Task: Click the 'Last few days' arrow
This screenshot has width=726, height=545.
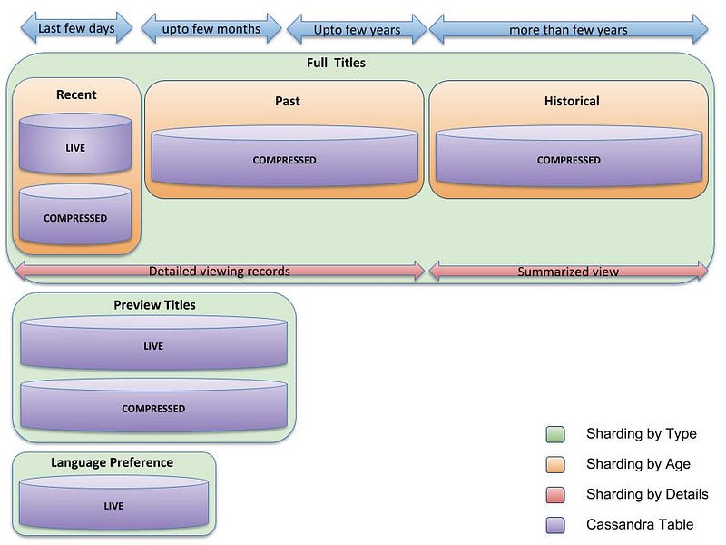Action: pos(76,28)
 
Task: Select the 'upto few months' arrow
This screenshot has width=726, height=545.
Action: pos(211,29)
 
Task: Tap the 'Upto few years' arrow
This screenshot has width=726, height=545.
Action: pos(357,30)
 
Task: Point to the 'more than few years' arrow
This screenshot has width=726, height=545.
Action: pos(569,30)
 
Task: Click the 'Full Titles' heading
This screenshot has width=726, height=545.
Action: pos(336,63)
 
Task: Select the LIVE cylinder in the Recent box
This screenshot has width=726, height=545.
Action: pos(75,144)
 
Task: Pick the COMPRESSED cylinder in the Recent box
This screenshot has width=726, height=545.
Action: pos(75,214)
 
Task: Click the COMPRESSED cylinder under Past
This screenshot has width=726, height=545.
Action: pos(284,156)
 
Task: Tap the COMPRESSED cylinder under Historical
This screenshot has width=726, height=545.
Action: pos(569,156)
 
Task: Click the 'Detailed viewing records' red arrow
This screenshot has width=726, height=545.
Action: pos(220,271)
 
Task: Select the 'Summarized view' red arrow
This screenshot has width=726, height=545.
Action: pos(568,272)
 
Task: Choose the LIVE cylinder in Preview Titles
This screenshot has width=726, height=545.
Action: pos(153,342)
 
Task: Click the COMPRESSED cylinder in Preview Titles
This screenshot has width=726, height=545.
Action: pos(153,405)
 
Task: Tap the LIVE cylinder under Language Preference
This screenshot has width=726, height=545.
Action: pos(113,502)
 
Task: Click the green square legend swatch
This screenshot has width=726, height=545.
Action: pos(555,434)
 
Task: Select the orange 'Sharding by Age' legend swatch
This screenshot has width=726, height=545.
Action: pos(555,464)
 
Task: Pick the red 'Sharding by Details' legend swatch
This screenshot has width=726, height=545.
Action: pos(555,494)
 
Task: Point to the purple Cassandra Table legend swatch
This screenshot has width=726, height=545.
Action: pos(555,525)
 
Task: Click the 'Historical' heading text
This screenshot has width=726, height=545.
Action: pos(572,101)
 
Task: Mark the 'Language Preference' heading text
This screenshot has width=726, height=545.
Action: pos(112,462)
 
